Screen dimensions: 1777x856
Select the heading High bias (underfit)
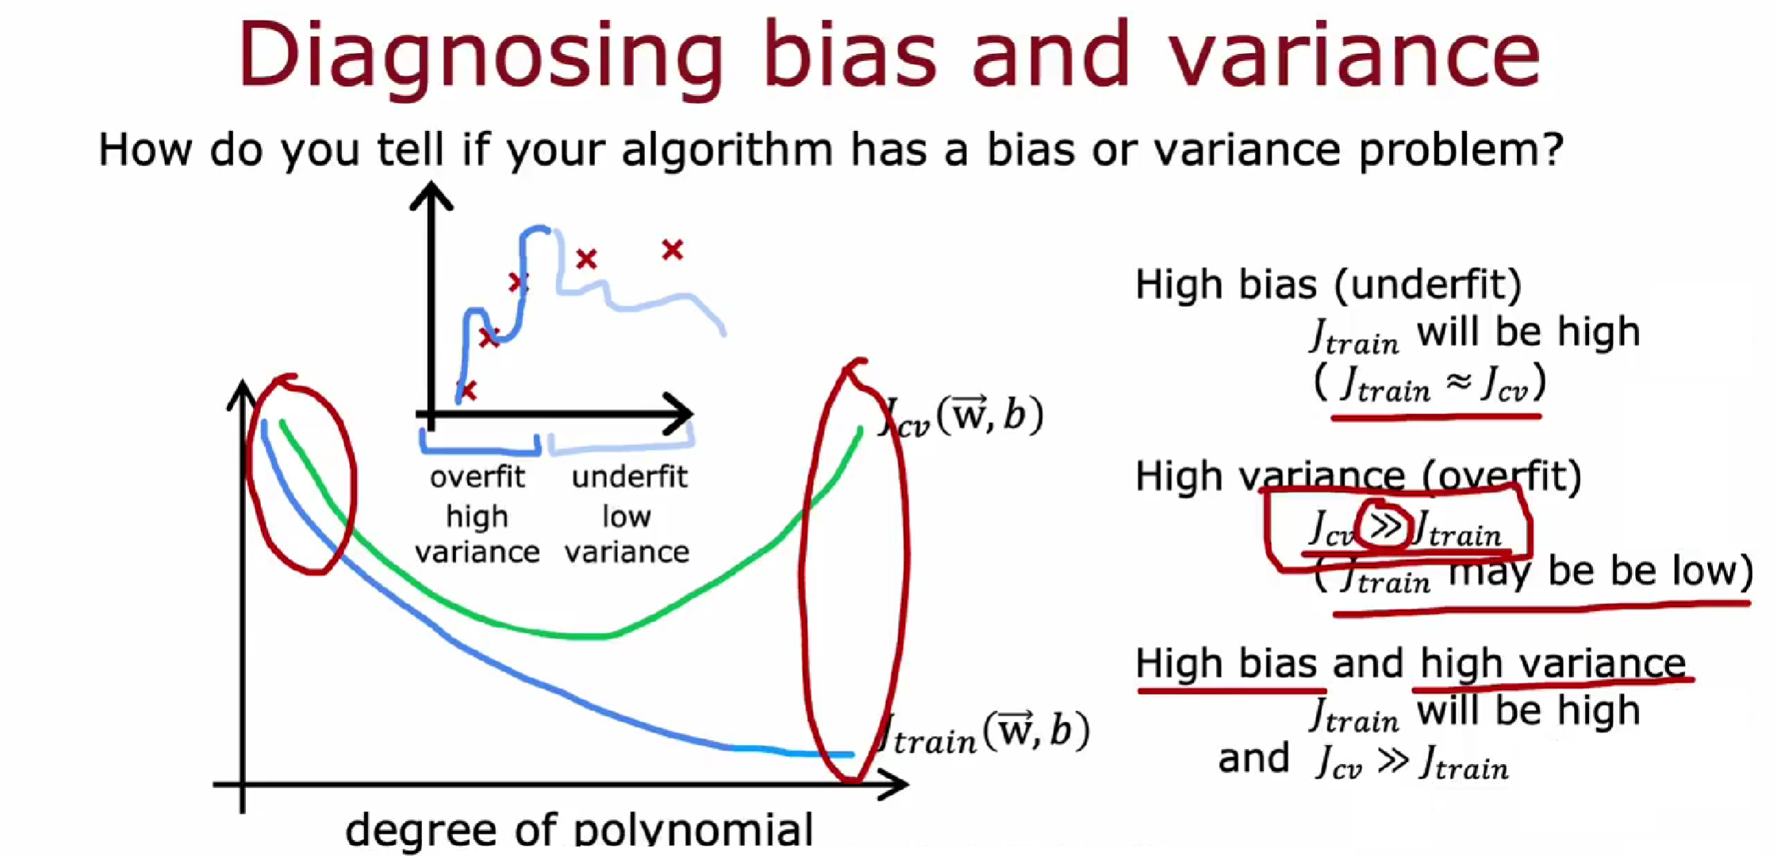[1329, 284]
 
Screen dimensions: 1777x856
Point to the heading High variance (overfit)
[1358, 477]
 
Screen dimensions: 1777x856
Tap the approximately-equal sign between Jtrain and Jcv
[1458, 382]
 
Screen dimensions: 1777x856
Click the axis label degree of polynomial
[579, 830]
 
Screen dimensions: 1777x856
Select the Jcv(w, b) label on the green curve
[962, 416]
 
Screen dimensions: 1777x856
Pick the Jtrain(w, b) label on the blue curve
[984, 733]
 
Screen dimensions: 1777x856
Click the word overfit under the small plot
[477, 477]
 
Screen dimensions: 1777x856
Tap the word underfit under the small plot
[629, 477]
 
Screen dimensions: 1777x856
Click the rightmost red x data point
[673, 250]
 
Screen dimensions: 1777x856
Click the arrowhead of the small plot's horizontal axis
[679, 413]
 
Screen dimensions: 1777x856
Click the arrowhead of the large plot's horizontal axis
[893, 784]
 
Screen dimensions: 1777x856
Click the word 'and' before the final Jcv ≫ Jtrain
[1253, 758]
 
